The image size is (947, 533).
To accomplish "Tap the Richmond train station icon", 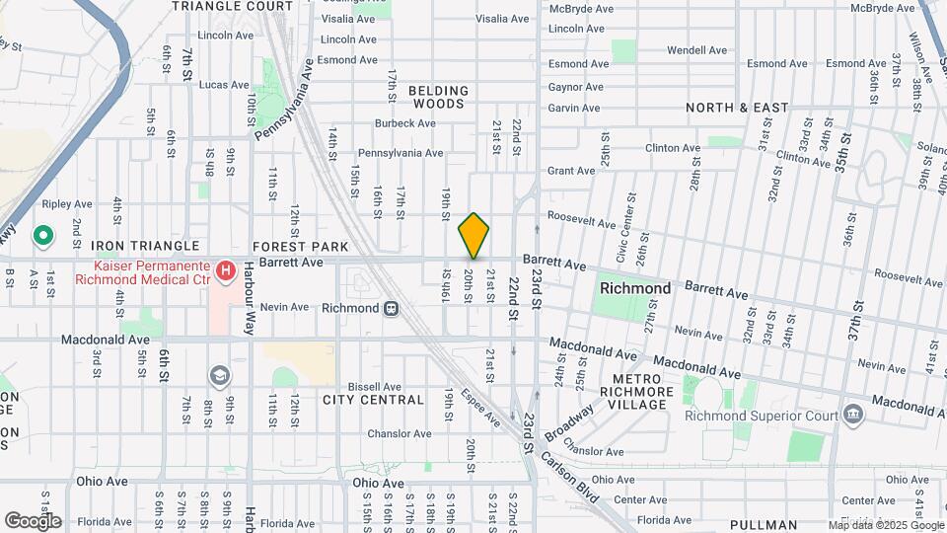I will pos(392,308).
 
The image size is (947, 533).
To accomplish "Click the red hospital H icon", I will pos(226,269).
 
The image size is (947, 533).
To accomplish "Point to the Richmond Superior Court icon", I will pos(852,414).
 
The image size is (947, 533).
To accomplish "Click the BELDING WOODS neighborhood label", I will pos(438,97).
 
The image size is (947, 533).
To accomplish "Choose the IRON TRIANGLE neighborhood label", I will pos(145,245).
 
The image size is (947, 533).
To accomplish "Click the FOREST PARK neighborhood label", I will pos(301,246).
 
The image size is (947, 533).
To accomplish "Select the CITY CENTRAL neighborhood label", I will pos(373,400).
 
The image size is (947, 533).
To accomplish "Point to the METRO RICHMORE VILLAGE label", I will pos(642,392).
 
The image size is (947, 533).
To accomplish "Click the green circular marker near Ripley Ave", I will pos(42,236).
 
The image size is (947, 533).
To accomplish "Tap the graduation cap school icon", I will pos(218,375).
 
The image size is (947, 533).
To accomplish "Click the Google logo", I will pos(33,520).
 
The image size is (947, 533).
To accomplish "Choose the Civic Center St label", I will pos(623,243).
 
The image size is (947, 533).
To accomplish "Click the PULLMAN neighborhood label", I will pos(765,524).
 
